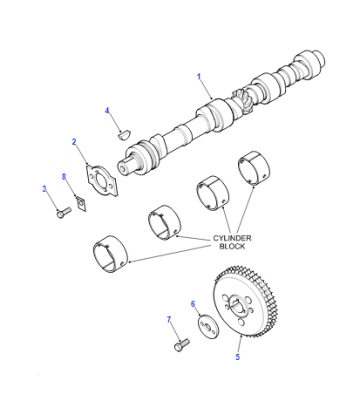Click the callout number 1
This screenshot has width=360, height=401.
199,76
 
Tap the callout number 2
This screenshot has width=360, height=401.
74,142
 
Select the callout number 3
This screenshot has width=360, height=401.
44,189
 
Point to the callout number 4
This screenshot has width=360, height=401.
107,110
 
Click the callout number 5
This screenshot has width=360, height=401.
237,357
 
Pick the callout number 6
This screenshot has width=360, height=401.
193,304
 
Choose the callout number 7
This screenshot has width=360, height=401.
169,320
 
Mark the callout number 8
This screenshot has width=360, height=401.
64,176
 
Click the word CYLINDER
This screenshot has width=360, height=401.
232,238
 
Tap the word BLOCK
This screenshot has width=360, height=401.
232,246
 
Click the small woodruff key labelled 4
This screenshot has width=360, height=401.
124,134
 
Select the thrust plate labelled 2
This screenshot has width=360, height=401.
102,180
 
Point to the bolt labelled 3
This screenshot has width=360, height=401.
64,213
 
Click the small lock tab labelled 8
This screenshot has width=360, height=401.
81,203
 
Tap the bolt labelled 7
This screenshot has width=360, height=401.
182,344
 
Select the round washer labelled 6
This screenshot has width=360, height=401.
209,328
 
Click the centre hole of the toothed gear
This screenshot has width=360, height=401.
238,307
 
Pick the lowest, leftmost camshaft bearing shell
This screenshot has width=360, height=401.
110,255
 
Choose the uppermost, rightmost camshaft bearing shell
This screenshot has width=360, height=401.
254,167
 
